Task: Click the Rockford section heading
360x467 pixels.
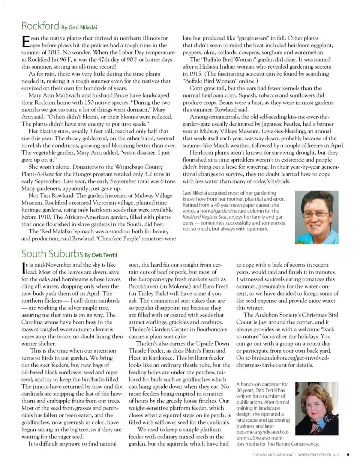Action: point(40,26)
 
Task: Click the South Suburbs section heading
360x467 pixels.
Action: point(52,254)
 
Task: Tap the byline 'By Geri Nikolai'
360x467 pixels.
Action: point(79,27)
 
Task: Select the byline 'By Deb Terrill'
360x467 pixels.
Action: point(100,255)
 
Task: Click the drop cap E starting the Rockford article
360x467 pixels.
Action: point(25,41)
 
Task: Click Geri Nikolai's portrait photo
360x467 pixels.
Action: point(316,218)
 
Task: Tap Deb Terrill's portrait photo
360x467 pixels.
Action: point(316,408)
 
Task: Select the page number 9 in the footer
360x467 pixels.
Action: point(348,455)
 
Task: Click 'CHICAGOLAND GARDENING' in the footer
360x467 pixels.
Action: point(273,455)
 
